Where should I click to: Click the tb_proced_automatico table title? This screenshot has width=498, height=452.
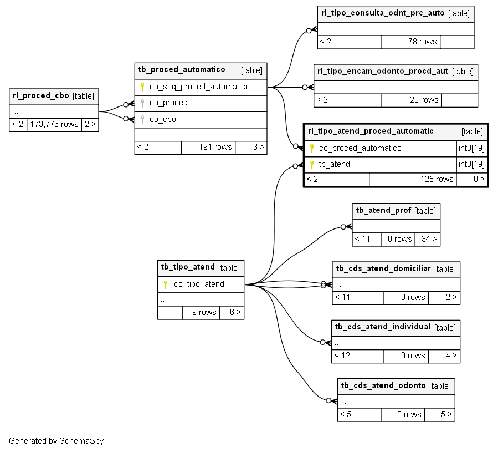pos(182,70)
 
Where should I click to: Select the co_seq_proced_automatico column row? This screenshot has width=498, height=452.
pos(201,87)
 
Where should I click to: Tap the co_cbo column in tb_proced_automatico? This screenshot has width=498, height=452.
pos(163,119)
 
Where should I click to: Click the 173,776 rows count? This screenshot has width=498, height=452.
pos(54,124)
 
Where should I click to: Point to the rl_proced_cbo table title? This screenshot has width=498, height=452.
pos(40,95)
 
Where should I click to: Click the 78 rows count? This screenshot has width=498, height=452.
pos(423,42)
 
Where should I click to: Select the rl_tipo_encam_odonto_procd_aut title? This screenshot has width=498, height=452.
pos(383,71)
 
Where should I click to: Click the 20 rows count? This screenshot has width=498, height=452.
pos(424,100)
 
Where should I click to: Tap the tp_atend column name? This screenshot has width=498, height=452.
pos(335,164)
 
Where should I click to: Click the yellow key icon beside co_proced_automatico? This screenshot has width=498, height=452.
pos(312,148)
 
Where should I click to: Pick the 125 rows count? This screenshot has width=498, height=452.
pos(437,179)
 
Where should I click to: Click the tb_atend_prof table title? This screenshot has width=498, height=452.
pos(383,210)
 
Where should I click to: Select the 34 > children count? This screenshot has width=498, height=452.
pos(429,239)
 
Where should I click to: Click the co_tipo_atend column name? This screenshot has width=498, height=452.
pos(199,284)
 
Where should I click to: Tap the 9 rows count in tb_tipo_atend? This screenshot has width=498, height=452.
pos(204,312)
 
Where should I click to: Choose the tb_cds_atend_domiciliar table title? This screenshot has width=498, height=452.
pos(383,268)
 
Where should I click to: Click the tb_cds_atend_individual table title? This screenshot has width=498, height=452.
pos(383,327)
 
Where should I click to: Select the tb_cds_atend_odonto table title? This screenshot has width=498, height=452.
pos(383,385)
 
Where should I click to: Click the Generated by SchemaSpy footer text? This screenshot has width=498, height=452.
pos(56,441)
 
